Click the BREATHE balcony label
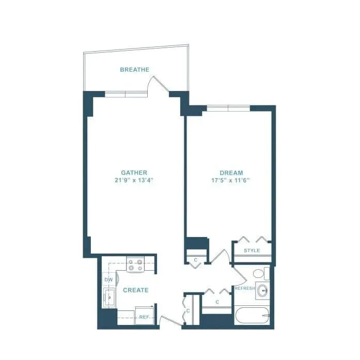(134, 70)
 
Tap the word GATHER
(134, 173)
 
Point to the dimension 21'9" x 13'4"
(134, 180)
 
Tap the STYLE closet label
(252, 251)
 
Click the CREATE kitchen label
(135, 290)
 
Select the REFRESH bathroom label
(244, 288)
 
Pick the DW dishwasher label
(108, 280)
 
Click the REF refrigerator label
(144, 317)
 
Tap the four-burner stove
(135, 265)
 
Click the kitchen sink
(109, 298)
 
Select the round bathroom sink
(263, 290)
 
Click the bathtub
(252, 315)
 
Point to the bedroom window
(228, 108)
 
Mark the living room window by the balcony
(126, 95)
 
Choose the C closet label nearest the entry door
(188, 311)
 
